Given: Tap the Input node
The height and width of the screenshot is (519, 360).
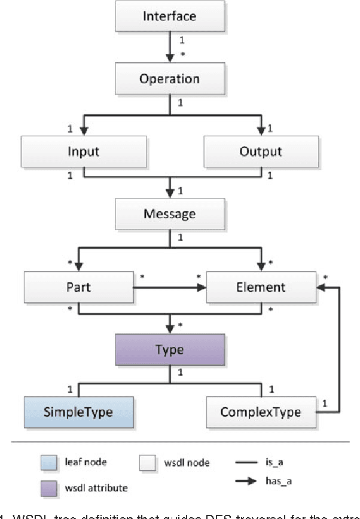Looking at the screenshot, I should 84,151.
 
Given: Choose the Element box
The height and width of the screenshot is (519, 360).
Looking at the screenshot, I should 261,287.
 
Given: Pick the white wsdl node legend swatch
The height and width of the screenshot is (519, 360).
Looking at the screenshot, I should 147,462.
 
